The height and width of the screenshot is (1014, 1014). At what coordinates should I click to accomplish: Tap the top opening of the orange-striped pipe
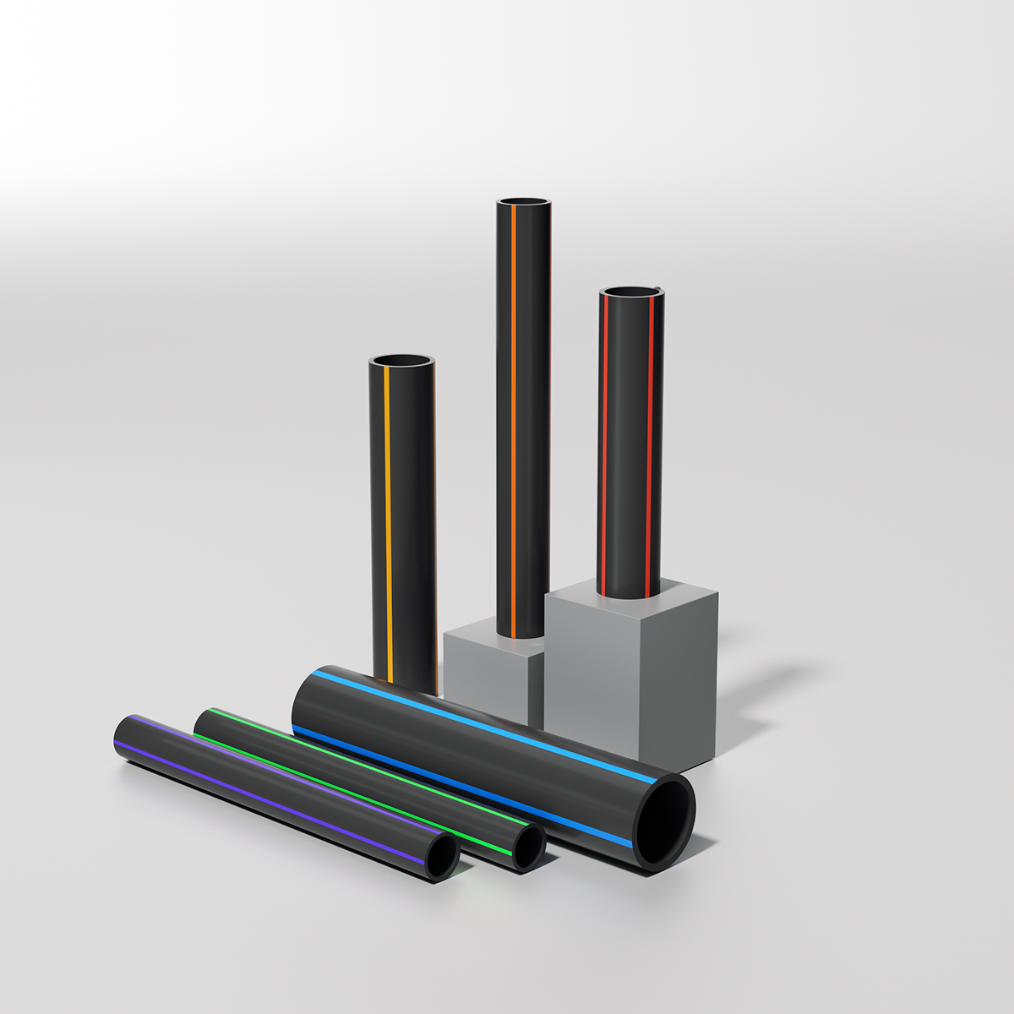pos(524,203)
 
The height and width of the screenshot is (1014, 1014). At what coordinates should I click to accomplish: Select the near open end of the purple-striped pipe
pos(441,859)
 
